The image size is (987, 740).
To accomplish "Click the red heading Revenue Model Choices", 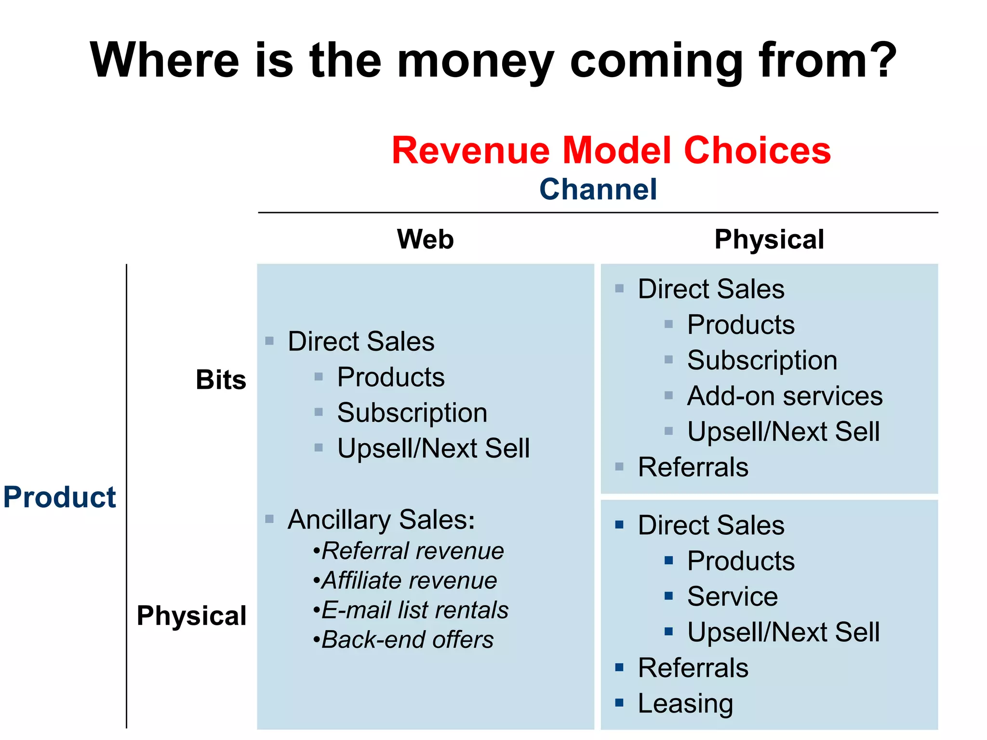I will click(x=611, y=151).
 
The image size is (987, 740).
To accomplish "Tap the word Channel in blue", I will click(x=598, y=189).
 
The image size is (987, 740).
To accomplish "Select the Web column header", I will click(x=425, y=239).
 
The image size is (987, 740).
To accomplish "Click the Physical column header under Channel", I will click(x=769, y=239).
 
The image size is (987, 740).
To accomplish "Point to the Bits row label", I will click(x=221, y=380).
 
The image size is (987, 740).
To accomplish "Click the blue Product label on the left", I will click(x=60, y=497).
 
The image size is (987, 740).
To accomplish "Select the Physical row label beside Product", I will click(x=191, y=616).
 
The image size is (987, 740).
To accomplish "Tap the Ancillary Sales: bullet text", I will click(x=381, y=520).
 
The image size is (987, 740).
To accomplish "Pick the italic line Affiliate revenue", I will click(x=409, y=581).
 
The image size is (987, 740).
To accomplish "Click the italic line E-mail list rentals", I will click(x=414, y=610).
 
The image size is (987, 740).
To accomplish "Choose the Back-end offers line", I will click(x=407, y=640).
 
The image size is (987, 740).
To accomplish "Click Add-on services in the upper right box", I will click(x=785, y=396).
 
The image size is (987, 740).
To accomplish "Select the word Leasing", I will click(x=685, y=703).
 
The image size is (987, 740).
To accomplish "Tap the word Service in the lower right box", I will click(x=732, y=596).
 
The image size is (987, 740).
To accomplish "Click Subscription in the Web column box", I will click(x=412, y=413).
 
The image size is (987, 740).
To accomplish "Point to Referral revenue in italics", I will click(x=413, y=551).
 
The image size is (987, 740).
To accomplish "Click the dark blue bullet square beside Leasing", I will click(x=619, y=703).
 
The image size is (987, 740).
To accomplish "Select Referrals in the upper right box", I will click(x=693, y=467).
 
